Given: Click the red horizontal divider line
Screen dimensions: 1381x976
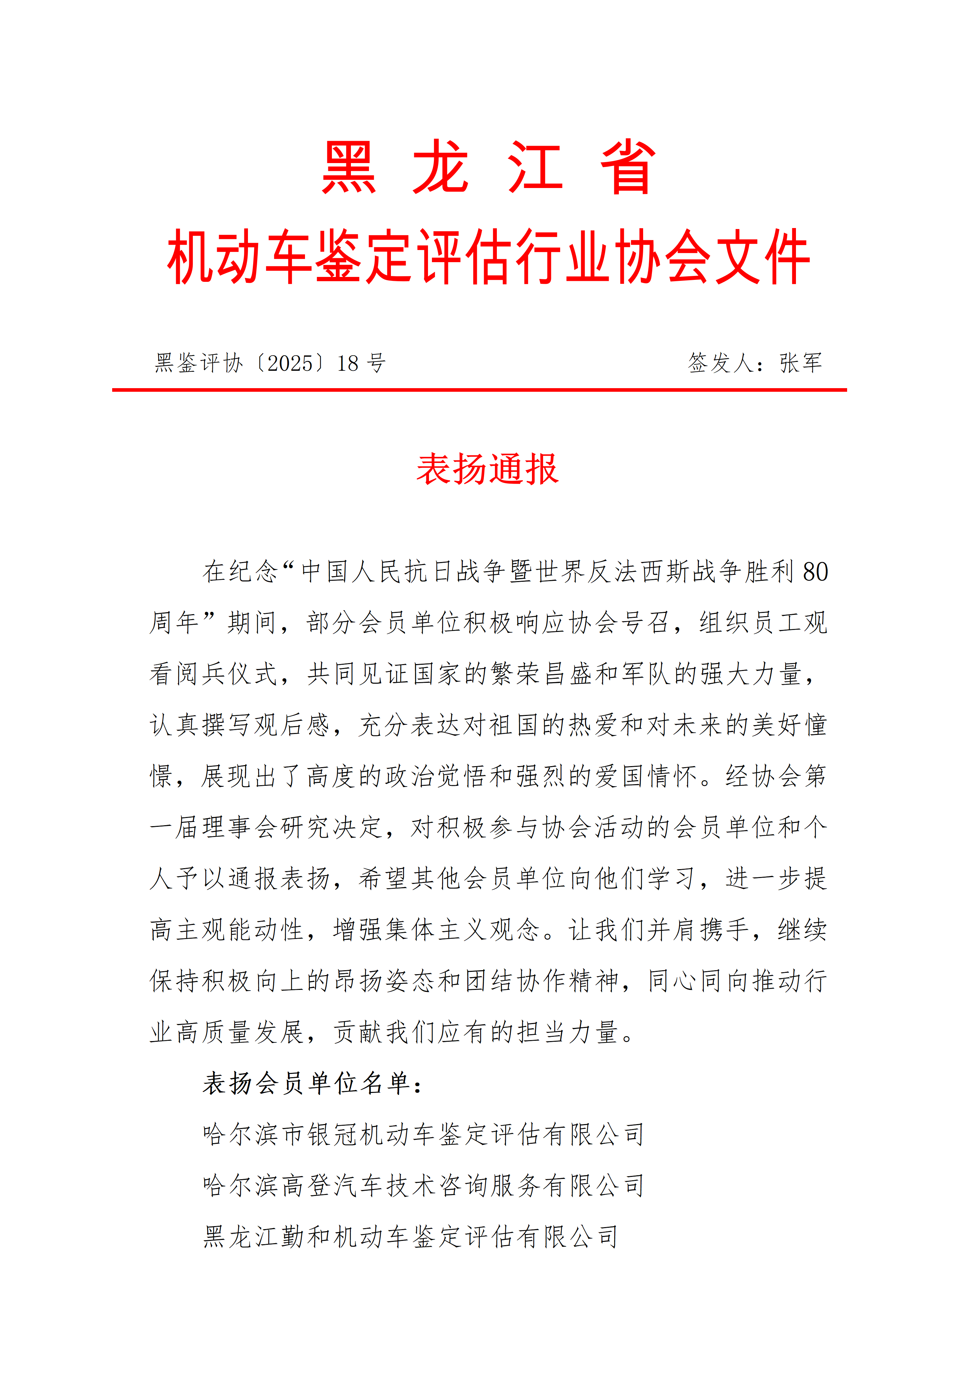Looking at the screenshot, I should click(479, 390).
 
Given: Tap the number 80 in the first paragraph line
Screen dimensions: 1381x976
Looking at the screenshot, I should click(815, 572).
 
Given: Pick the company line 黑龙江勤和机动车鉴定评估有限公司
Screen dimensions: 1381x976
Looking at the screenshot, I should click(410, 1237).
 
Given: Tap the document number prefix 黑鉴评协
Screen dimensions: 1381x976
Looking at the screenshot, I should click(198, 363).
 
